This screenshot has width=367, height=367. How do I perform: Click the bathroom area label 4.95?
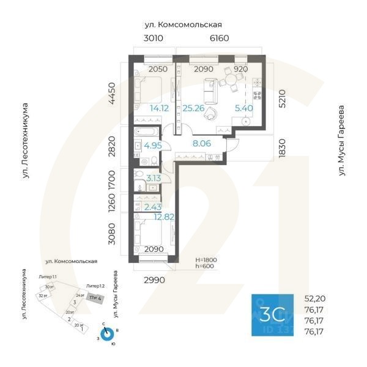pos(153,146)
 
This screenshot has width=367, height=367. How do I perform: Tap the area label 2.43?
pos(153,207)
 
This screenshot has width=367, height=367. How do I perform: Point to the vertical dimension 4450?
pos(112,94)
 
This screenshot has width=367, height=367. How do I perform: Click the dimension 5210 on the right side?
pos(282,95)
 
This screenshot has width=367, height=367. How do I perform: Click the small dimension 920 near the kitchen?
pos(241,69)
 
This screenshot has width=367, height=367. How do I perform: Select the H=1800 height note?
pos(206,260)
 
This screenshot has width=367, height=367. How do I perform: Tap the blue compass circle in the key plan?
pos(107,335)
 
